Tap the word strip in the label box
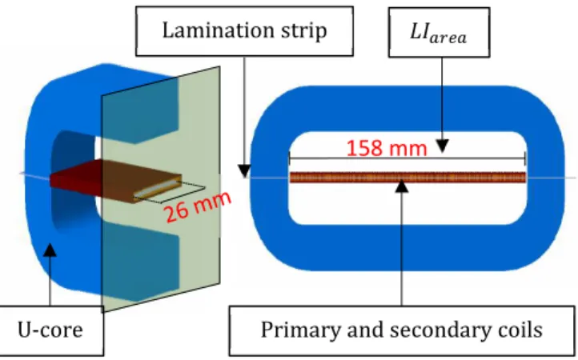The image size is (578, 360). [x=304, y=31]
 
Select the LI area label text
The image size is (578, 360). [x=438, y=33]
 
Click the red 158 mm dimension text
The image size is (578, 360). [x=387, y=148]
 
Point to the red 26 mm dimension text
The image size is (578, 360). [x=198, y=206]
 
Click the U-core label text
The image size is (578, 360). [x=50, y=330]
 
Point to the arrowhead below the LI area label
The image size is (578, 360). [x=443, y=146]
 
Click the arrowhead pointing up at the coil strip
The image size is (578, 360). [x=402, y=186]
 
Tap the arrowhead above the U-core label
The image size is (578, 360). [x=50, y=250]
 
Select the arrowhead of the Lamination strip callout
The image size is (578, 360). [x=244, y=171]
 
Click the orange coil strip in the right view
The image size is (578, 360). [x=407, y=178]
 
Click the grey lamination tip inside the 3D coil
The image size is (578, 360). [x=156, y=189]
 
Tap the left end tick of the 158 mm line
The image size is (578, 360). [x=290, y=158]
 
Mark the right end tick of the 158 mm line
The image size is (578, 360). [x=525, y=158]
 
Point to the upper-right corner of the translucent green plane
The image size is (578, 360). [x=220, y=66]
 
